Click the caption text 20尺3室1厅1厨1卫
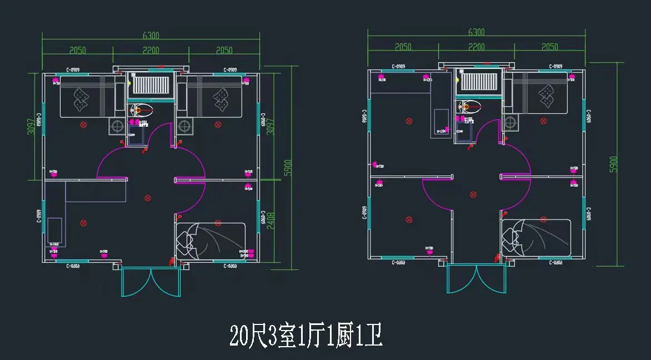(306, 336)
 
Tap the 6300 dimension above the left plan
(151, 36)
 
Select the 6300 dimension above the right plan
(476, 32)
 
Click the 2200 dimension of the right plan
(476, 47)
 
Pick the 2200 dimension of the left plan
(151, 51)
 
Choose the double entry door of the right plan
(477, 278)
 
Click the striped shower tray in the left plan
(150, 86)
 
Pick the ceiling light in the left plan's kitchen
(83, 223)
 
